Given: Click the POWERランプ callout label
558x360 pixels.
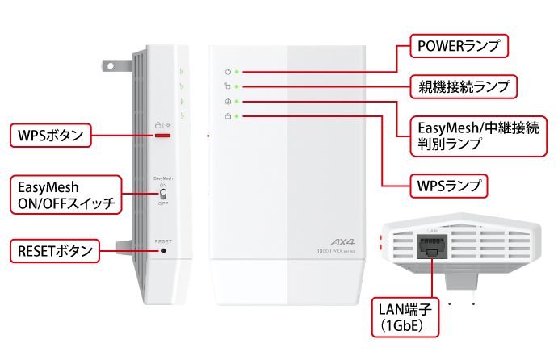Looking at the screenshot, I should coord(459,46).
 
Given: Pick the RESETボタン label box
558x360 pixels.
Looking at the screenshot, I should coord(53,250).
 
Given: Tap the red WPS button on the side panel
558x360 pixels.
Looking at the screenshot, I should coord(163,136).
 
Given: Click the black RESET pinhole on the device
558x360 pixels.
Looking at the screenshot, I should coord(164,251).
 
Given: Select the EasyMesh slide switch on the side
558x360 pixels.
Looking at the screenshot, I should coord(163,194).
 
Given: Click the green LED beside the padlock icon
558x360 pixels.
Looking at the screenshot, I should coord(236,117).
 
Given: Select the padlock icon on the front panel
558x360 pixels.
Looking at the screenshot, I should coord(227,117).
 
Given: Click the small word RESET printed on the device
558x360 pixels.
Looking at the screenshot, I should coord(163,241).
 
